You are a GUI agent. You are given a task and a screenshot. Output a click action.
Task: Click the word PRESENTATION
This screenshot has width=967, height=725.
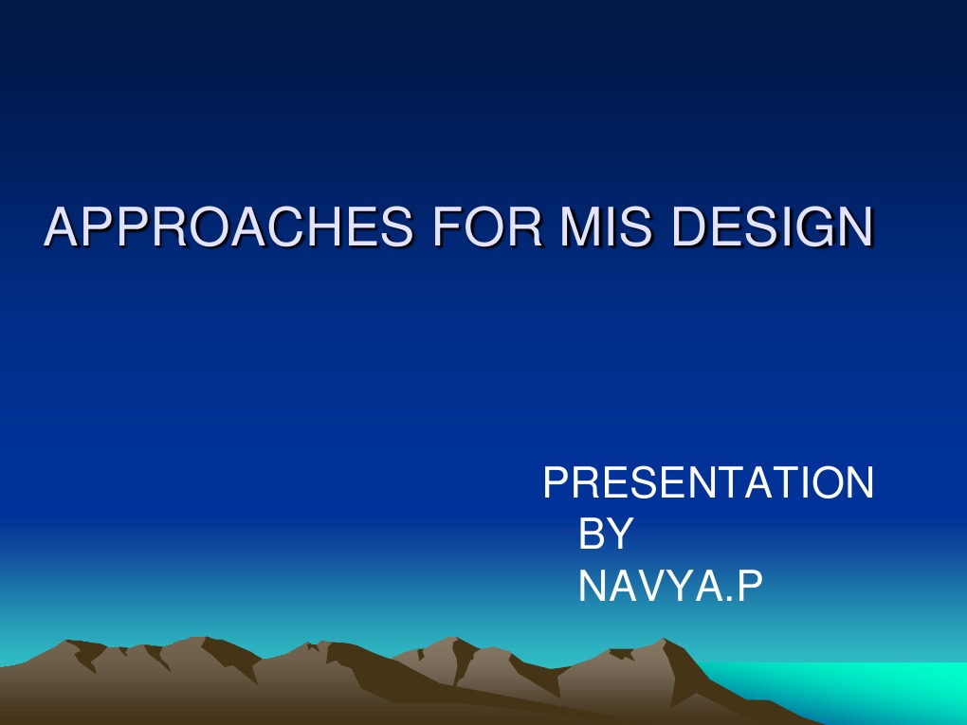[x=708, y=483]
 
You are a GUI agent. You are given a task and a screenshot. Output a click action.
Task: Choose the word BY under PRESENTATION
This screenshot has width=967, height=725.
[x=604, y=535]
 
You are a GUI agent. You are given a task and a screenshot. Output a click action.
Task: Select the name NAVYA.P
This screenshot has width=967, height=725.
[x=669, y=588]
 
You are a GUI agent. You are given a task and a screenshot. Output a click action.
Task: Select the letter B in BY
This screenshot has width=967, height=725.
[x=591, y=535]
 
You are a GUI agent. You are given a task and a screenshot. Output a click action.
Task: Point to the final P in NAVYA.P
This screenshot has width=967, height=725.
[x=748, y=588]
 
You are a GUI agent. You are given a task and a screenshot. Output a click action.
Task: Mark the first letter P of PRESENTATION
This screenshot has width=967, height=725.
[x=555, y=483]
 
